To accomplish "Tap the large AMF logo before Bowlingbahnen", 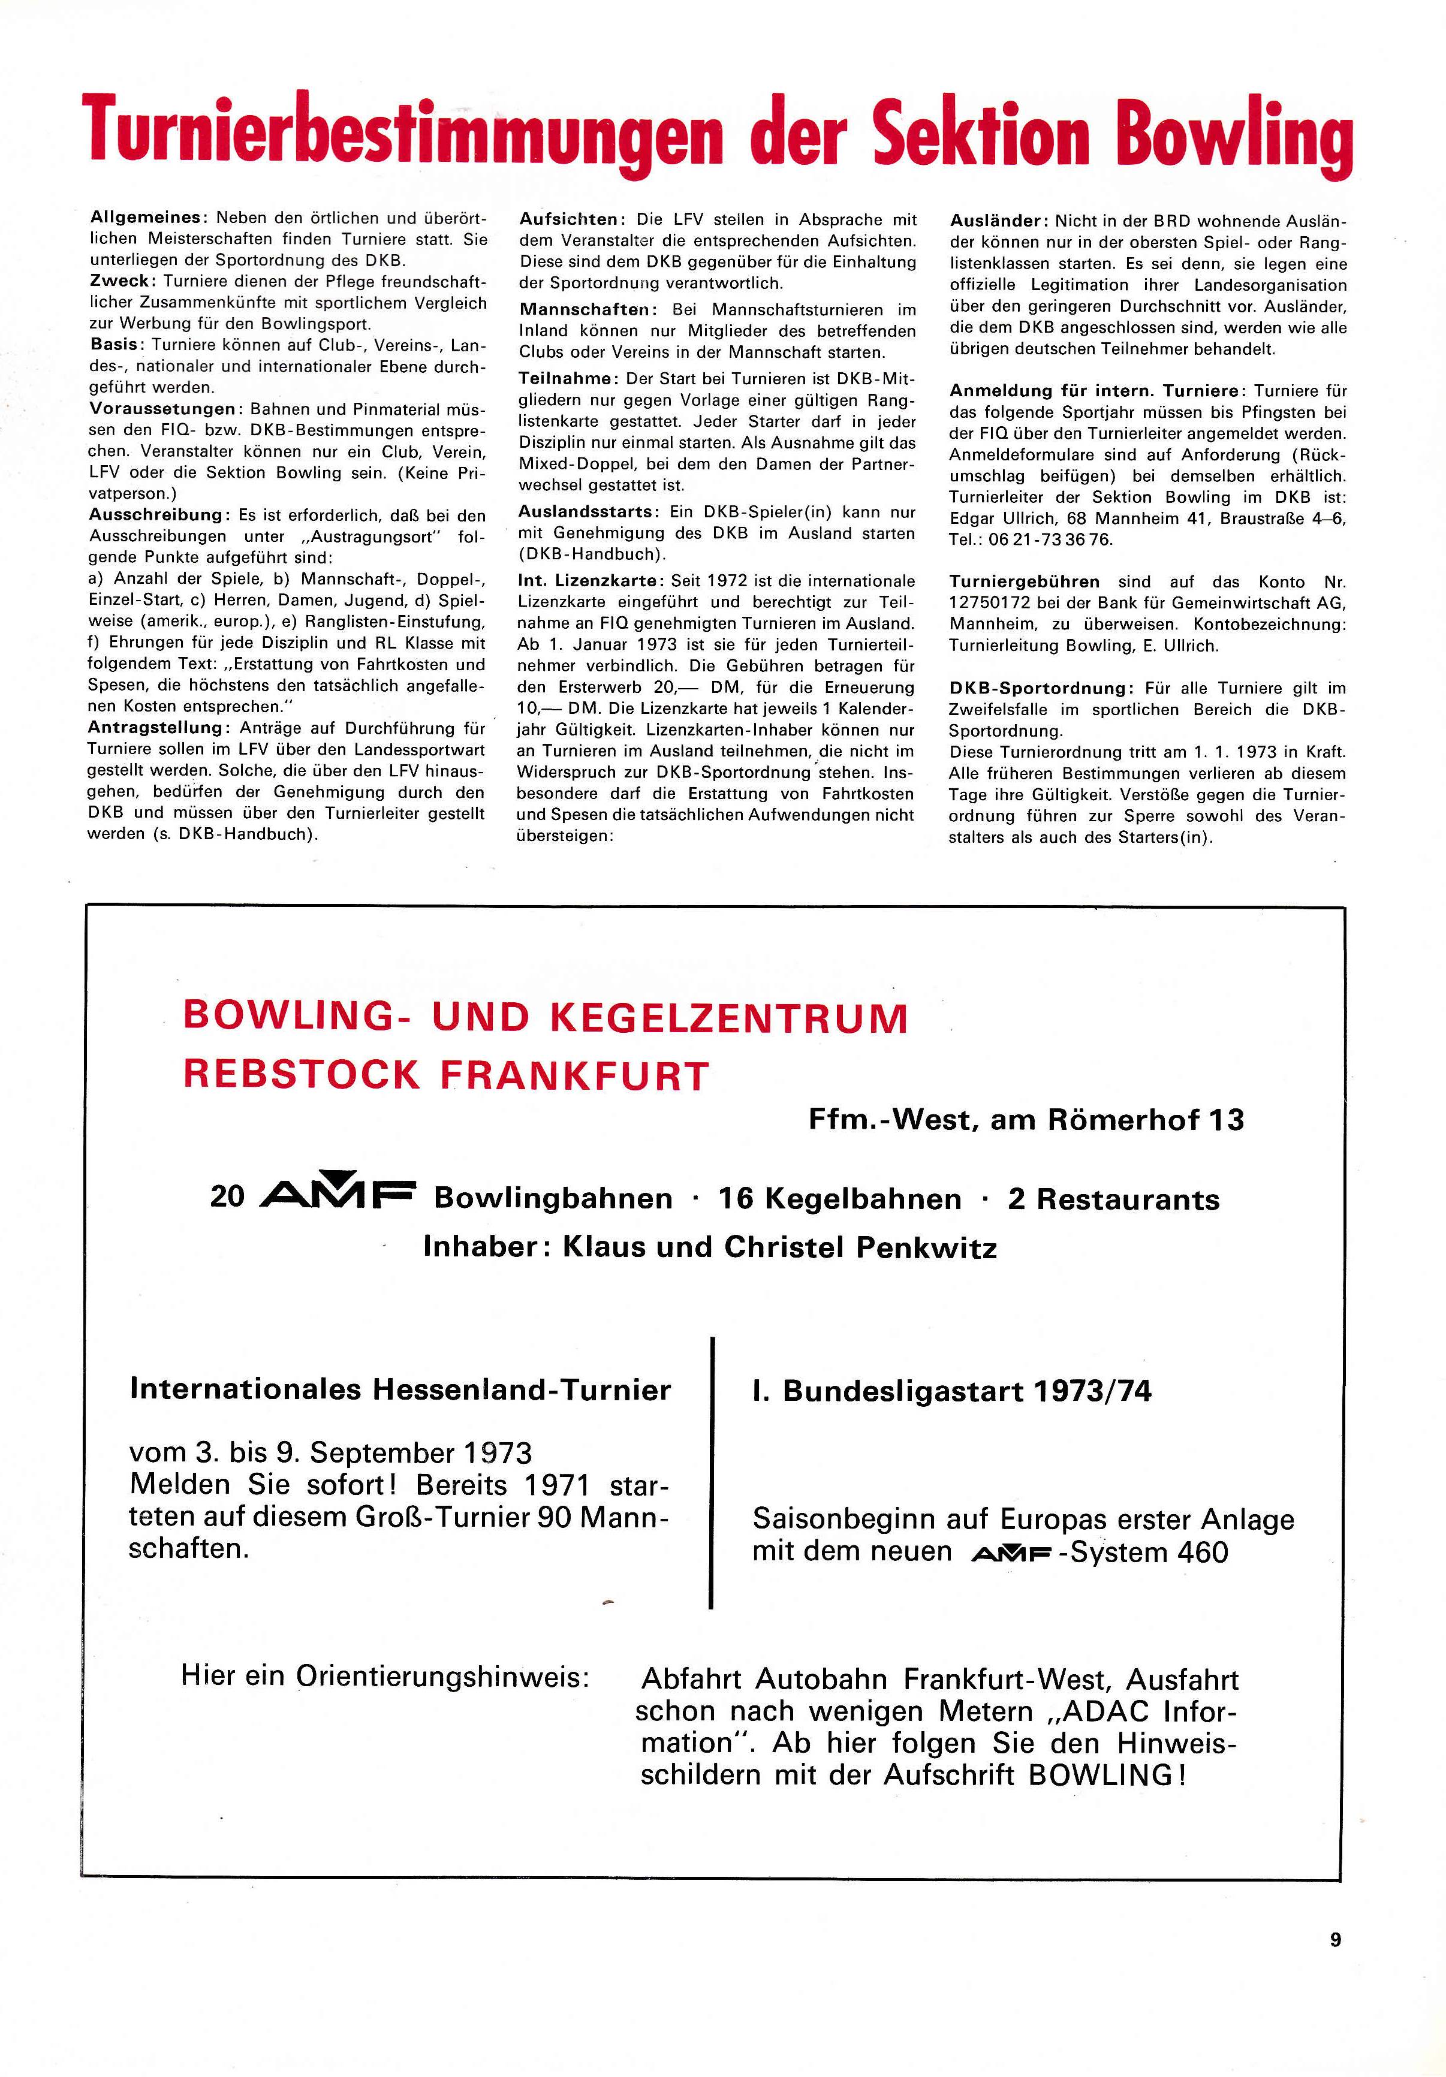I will tap(336, 1196).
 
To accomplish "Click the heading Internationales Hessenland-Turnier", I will tap(400, 1389).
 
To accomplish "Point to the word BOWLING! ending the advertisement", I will tap(1107, 1775).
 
